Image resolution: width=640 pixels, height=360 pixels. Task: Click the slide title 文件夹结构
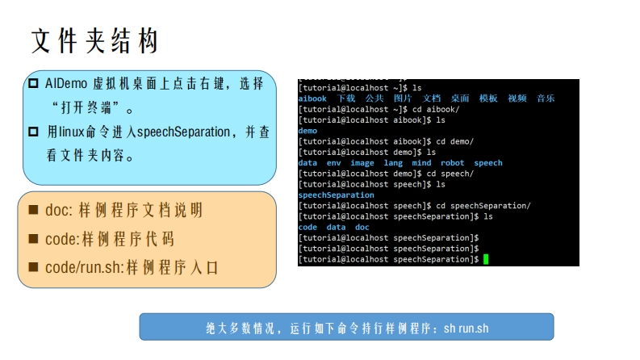(x=94, y=41)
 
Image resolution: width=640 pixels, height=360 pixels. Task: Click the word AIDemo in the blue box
(x=66, y=84)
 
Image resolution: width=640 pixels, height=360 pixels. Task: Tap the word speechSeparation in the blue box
(x=184, y=132)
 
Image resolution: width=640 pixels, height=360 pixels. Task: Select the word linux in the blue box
(x=72, y=132)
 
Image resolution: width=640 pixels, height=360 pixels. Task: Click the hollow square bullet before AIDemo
(x=33, y=84)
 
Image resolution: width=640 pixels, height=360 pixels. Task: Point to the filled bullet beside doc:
(x=33, y=210)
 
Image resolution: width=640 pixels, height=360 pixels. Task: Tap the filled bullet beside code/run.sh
(x=33, y=267)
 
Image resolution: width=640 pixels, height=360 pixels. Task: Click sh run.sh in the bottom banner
(x=466, y=329)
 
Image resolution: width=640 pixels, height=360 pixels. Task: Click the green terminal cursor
(x=486, y=259)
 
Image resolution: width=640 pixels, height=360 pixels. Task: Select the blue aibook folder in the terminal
(x=312, y=98)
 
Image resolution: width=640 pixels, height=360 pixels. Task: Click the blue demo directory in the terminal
(x=307, y=131)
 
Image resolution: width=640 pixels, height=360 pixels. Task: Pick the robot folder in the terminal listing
(x=452, y=163)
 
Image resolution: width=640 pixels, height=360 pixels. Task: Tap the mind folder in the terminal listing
(x=421, y=163)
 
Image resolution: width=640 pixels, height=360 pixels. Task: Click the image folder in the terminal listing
(x=362, y=163)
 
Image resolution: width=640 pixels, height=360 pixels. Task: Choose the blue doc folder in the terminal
(x=362, y=227)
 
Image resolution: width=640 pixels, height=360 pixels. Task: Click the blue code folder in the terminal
(x=307, y=227)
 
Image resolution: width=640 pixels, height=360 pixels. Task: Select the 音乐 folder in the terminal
(x=546, y=98)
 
